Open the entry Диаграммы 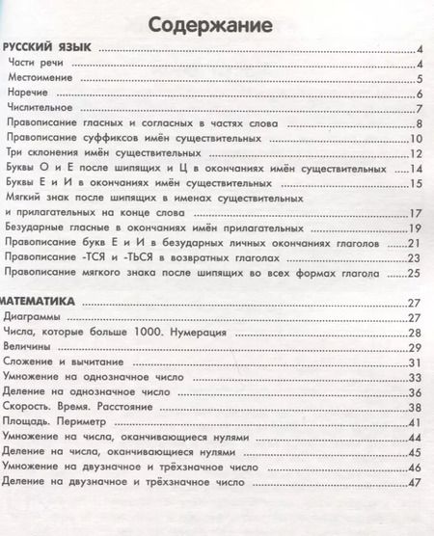[34, 316]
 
